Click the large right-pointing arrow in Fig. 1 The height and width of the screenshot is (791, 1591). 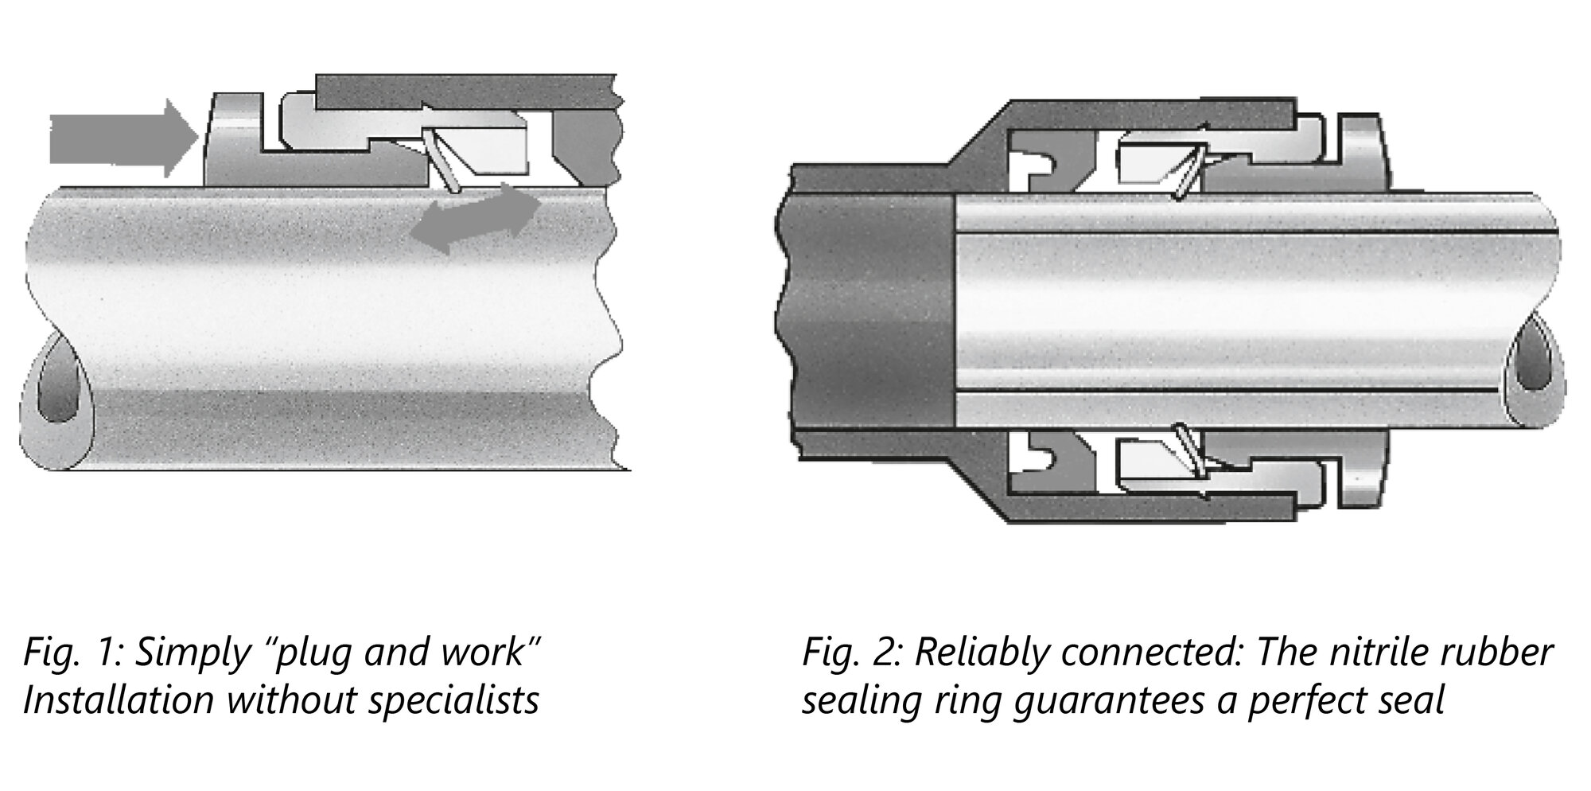pos(123,138)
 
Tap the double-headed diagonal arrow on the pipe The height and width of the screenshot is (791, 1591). pos(476,218)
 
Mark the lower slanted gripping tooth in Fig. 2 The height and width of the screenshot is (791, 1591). pos(1188,450)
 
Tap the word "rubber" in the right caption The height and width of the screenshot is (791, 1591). pos(1508,653)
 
